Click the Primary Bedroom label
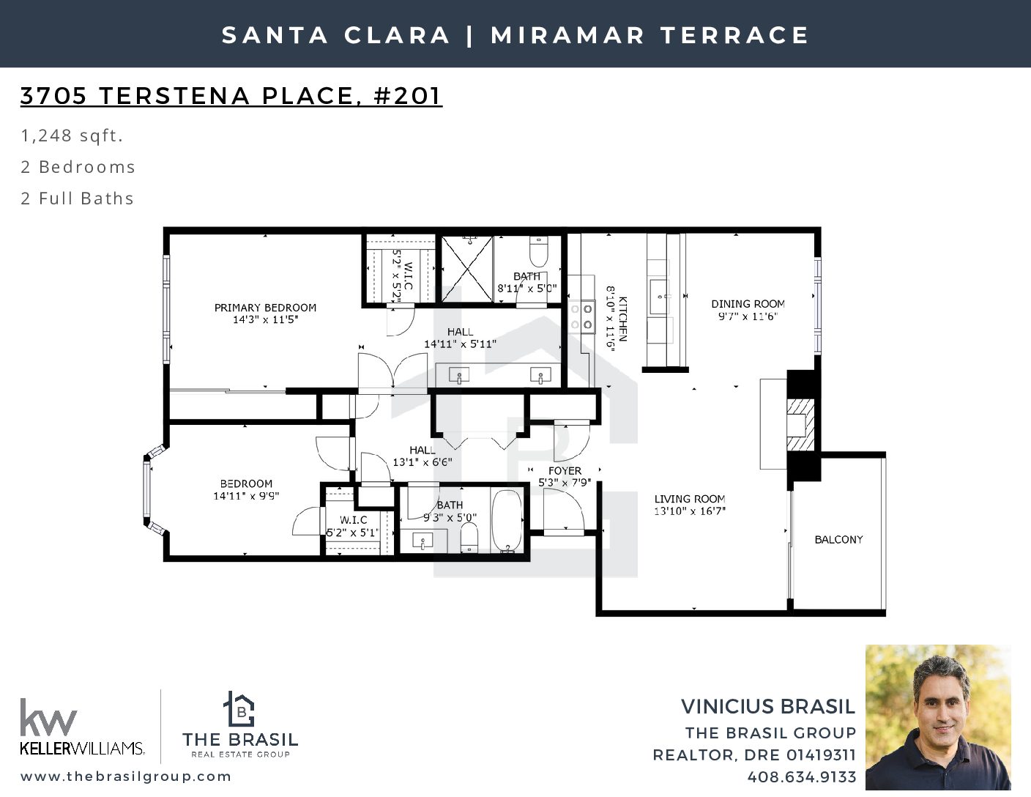[x=265, y=308]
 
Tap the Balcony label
[x=838, y=540]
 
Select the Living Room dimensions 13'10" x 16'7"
[x=690, y=511]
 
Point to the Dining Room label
[x=748, y=304]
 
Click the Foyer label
[x=565, y=471]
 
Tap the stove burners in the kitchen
[x=581, y=316]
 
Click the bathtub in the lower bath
[x=507, y=522]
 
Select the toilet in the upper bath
[x=538, y=251]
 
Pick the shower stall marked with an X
[x=467, y=269]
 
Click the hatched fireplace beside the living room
[x=801, y=425]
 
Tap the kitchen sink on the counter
[x=660, y=297]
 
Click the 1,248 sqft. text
[x=72, y=136]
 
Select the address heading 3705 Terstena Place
[x=231, y=96]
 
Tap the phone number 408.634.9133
[x=802, y=777]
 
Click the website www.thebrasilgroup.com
[x=126, y=776]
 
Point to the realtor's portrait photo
[x=938, y=717]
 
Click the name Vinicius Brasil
[x=768, y=707]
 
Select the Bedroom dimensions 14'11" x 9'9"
[x=246, y=496]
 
